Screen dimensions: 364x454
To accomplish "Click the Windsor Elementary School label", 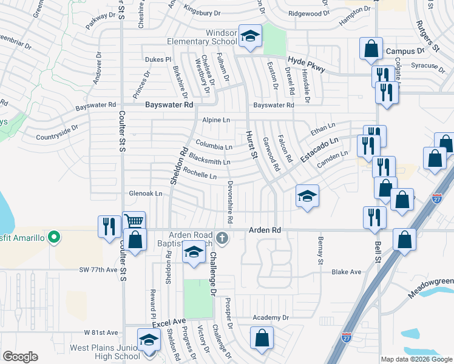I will pyautogui.click(x=202, y=36).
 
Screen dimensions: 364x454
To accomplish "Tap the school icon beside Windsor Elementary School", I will pyautogui.click(x=249, y=36).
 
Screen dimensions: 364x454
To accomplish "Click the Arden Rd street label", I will pyautogui.click(x=265, y=231).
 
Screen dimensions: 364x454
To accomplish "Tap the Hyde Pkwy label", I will pyautogui.click(x=304, y=61).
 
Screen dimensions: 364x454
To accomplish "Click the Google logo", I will pyautogui.click(x=20, y=357).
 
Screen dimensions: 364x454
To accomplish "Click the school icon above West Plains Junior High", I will pyautogui.click(x=147, y=340).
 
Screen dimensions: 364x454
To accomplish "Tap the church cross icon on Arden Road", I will pyautogui.click(x=223, y=238).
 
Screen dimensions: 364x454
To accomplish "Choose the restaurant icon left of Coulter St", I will pyautogui.click(x=109, y=226).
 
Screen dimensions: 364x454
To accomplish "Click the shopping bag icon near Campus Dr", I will pyautogui.click(x=370, y=49).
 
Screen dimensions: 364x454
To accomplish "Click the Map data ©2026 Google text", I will pyautogui.click(x=416, y=359).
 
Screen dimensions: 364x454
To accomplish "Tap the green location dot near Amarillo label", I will pyautogui.click(x=54, y=237).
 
